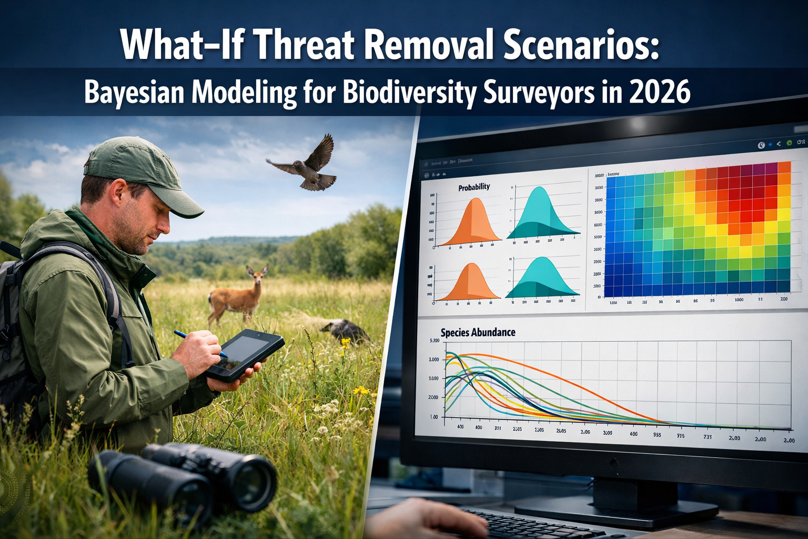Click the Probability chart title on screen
(x=473, y=187)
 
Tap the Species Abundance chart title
(x=478, y=332)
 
